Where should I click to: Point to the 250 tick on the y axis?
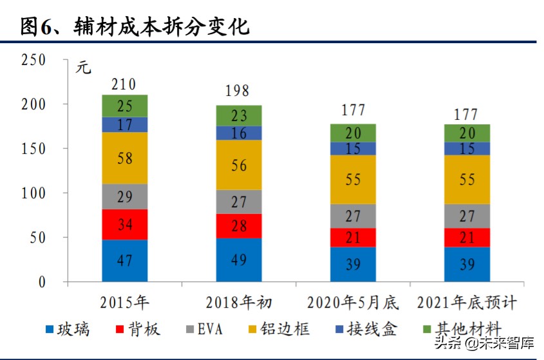click(33, 60)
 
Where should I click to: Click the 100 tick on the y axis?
click(33, 193)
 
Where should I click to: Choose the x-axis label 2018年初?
click(238, 302)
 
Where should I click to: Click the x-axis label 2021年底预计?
click(466, 302)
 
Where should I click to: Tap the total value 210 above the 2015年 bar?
click(124, 84)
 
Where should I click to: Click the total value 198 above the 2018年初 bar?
click(238, 91)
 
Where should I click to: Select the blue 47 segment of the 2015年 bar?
click(124, 261)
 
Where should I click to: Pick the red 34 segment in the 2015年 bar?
click(124, 225)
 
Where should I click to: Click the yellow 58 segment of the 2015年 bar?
click(124, 158)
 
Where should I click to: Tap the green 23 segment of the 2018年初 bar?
click(238, 115)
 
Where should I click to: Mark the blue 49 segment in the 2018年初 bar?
click(238, 260)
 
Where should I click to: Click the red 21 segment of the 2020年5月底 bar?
click(352, 238)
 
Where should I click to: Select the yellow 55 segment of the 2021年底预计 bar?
click(466, 180)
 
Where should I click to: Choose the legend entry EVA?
click(202, 330)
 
